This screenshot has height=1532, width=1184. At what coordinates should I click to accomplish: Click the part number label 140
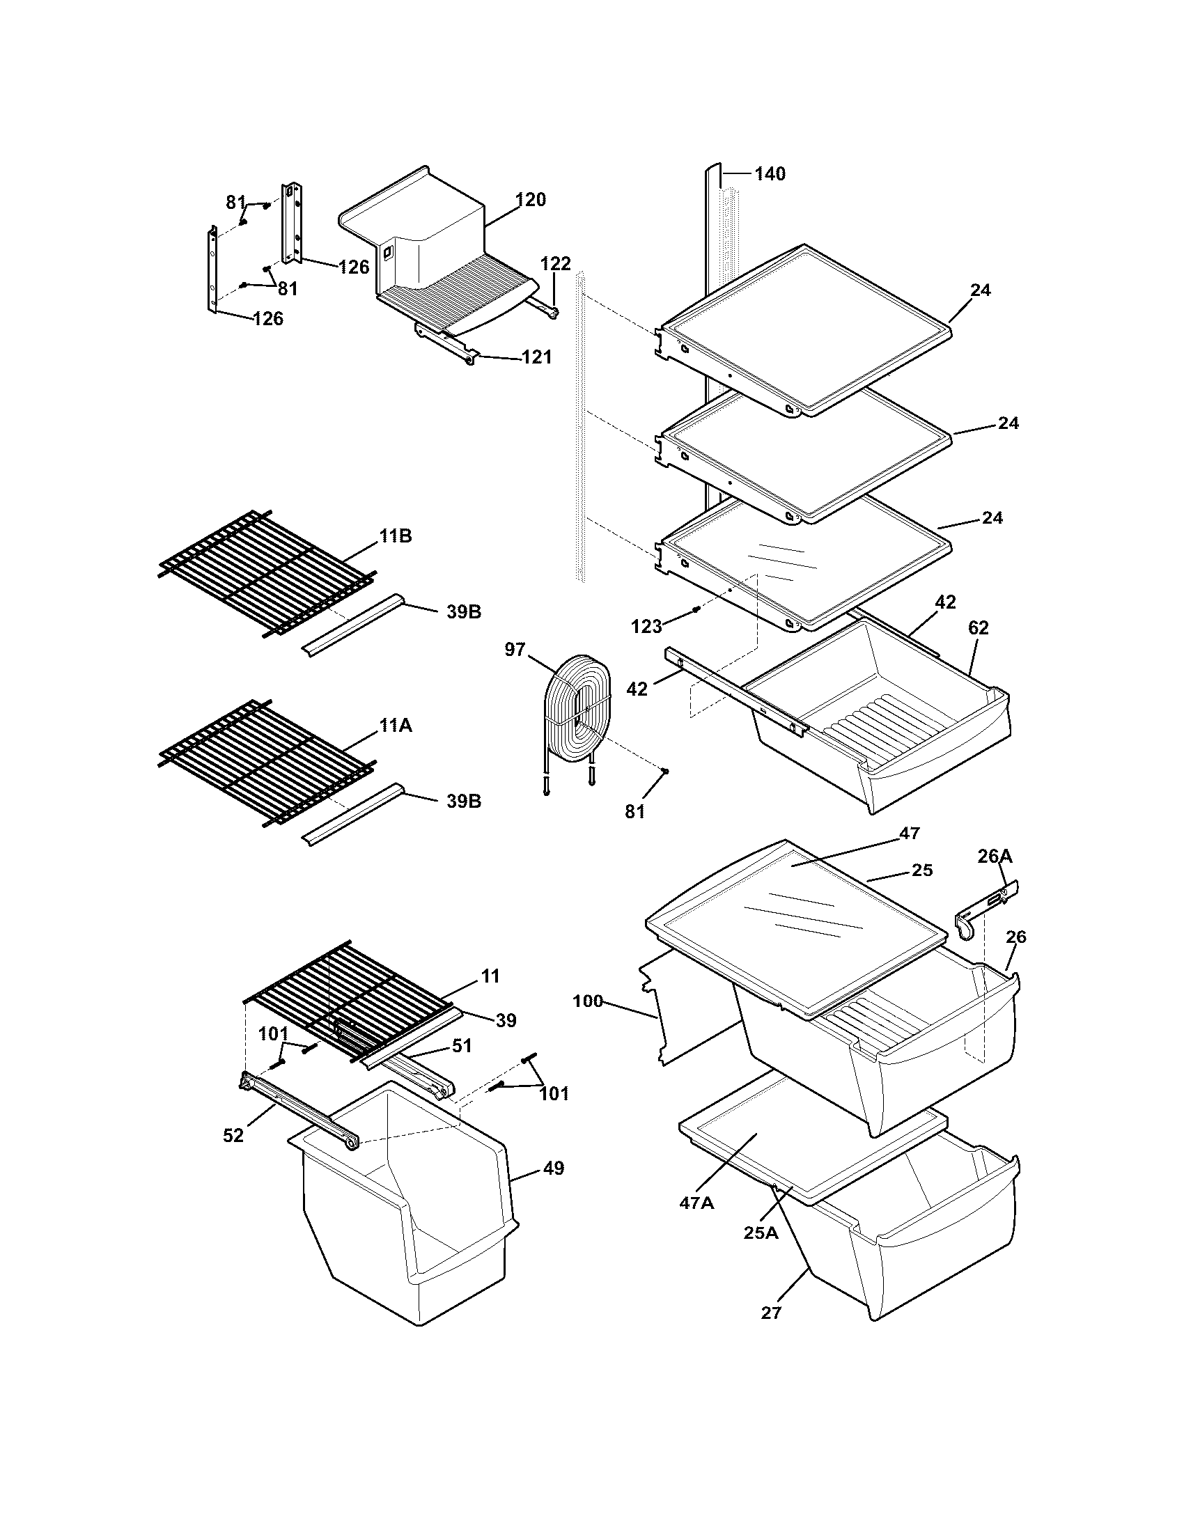pos(770,173)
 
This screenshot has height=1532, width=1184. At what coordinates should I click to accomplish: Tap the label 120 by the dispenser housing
pos(530,200)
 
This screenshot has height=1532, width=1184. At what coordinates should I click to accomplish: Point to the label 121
pos(536,357)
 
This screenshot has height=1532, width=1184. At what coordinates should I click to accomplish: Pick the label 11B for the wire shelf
pos(396,536)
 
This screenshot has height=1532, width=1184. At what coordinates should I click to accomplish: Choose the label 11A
pos(396,726)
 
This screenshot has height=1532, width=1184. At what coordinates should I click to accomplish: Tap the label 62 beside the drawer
pos(978,628)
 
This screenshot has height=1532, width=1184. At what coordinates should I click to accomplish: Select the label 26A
pos(995,856)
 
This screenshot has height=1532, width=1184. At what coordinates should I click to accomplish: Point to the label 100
pos(588,1001)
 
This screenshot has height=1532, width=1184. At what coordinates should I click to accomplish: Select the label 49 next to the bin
pos(554,1168)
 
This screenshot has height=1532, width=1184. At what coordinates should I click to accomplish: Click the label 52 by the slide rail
pos(233,1135)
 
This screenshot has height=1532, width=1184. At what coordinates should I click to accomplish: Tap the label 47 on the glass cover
pos(909,833)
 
